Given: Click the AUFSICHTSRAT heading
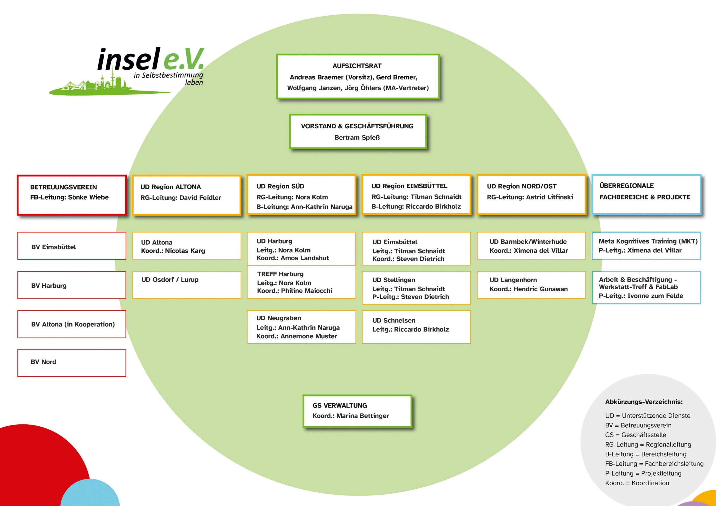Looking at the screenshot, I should (357, 66).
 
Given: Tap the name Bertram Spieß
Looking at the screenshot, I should (357, 138).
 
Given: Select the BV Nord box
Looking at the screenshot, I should (72, 363).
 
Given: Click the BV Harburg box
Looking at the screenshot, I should (72, 285).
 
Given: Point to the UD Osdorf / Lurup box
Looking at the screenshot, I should (187, 285).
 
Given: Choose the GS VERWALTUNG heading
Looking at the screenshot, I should (340, 405).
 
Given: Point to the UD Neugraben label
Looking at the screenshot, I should (279, 318).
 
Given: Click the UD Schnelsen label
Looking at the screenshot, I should (394, 320).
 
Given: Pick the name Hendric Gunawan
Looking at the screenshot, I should (540, 289).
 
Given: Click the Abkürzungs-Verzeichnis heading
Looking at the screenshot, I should (644, 402).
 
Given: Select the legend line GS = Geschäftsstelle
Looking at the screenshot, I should (635, 435).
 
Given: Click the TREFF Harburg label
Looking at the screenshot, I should (280, 274).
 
